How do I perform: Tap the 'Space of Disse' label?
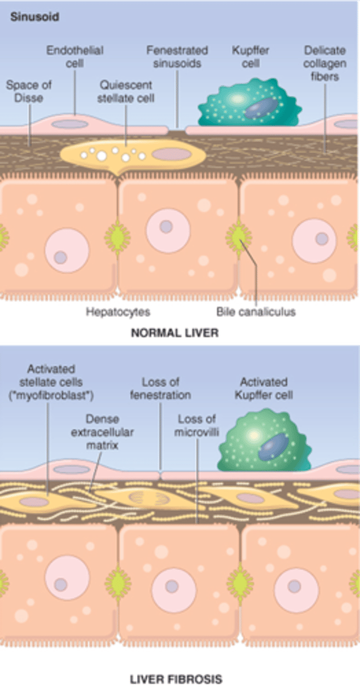29,91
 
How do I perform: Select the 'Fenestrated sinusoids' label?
177,57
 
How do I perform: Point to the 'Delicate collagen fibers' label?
324,63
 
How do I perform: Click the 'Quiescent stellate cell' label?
127,91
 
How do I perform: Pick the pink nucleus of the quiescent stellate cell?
171,154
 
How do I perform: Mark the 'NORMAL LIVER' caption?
175,333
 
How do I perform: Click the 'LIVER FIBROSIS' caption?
175,679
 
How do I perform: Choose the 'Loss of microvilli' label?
197,425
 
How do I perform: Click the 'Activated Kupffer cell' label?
264,388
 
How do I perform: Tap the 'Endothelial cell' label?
74,57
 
